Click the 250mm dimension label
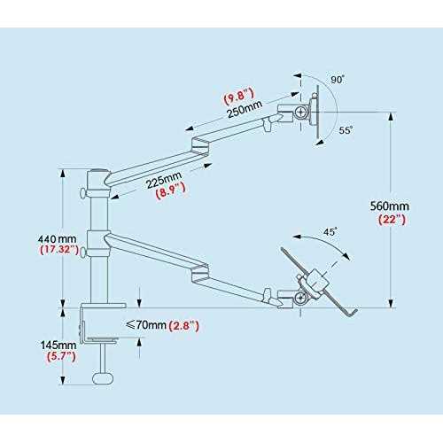pyautogui.click(x=245, y=109)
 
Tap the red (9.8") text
pyautogui.click(x=238, y=96)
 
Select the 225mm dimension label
pyautogui.click(x=164, y=180)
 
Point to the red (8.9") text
pyautogui.click(x=171, y=191)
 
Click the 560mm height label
pyautogui.click(x=390, y=206)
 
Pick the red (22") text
pyautogui.click(x=392, y=220)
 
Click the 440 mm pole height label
pyautogui.click(x=58, y=238)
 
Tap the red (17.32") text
pyautogui.click(x=59, y=250)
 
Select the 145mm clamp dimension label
pyautogui.click(x=58, y=345)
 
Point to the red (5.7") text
pyautogui.click(x=61, y=356)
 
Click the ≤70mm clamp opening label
pyautogui.click(x=146, y=325)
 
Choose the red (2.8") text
pyautogui.click(x=183, y=326)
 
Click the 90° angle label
pyautogui.click(x=338, y=80)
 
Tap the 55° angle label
pyautogui.click(x=346, y=130)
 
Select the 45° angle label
pyautogui.click(x=330, y=232)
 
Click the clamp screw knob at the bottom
pyautogui.click(x=103, y=378)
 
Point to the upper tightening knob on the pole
pyautogui.click(x=82, y=193)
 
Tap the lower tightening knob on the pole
pyautogui.click(x=83, y=252)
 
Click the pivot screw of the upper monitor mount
pyautogui.click(x=301, y=112)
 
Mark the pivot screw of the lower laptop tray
pyautogui.click(x=301, y=298)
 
